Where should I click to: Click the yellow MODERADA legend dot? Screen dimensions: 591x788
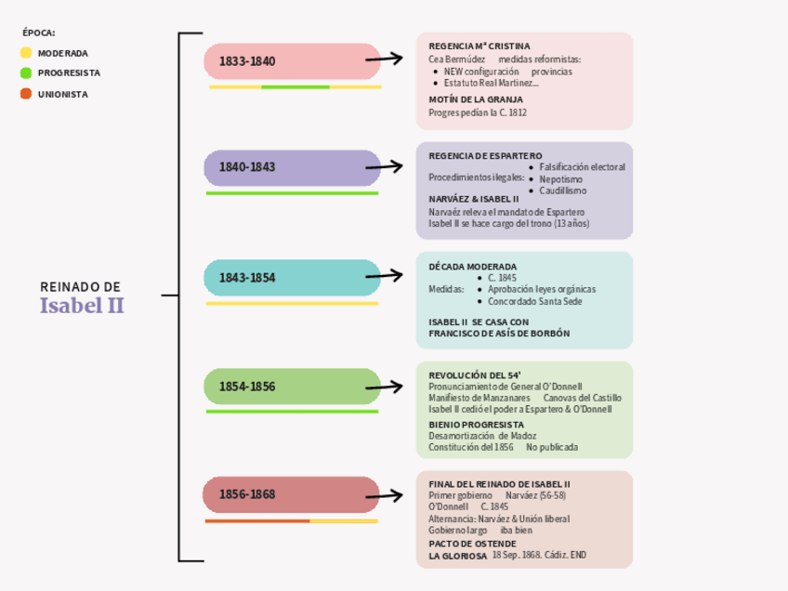[26, 53]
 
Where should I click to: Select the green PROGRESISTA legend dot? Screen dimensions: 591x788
[26, 72]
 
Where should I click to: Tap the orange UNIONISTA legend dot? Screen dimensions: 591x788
[26, 94]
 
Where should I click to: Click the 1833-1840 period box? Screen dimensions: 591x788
[292, 61]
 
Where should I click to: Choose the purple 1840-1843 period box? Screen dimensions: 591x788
[292, 167]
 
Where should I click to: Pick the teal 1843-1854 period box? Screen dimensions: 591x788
[292, 277]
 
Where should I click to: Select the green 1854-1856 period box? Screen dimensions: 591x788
[292, 386]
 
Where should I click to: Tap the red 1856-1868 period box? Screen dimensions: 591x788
[292, 494]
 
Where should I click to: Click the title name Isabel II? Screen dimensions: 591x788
[82, 306]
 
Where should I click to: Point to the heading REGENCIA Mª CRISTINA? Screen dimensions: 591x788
[479, 46]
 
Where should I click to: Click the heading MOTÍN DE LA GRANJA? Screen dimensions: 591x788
[476, 99]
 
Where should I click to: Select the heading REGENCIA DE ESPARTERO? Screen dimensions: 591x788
[485, 155]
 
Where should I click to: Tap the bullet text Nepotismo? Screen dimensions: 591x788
[561, 178]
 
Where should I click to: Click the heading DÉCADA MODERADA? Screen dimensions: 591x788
[472, 266]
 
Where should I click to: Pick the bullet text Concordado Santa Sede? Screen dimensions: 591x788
[535, 301]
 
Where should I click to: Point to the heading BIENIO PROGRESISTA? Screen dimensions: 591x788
[476, 425]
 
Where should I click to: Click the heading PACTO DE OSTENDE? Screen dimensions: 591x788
[472, 544]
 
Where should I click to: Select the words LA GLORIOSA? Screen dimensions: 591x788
[457, 556]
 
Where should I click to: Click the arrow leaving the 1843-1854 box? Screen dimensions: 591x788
[385, 275]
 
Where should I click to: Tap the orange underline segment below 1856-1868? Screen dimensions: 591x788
[257, 521]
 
